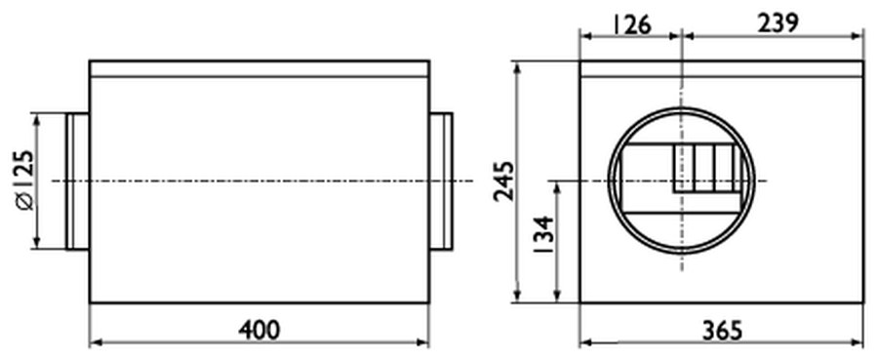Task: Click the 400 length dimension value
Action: (259, 330)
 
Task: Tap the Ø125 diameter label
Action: (25, 180)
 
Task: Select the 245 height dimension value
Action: (503, 180)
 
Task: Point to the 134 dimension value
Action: (543, 236)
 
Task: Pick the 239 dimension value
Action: (778, 24)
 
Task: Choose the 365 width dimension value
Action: (722, 331)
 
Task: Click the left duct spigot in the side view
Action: (78, 181)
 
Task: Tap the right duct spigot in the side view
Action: (441, 181)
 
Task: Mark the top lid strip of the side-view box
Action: (259, 68)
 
